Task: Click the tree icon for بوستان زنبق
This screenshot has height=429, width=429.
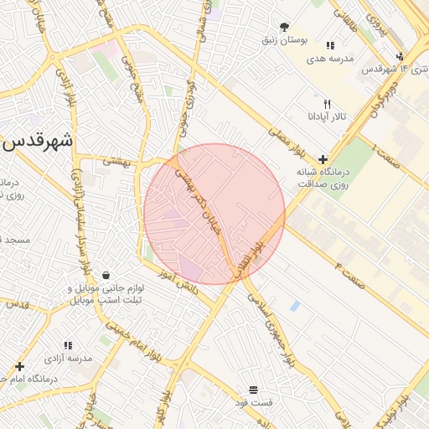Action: [284, 27]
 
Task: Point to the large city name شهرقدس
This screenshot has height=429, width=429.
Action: [38, 142]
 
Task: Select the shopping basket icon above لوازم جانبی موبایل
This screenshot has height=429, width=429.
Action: [106, 275]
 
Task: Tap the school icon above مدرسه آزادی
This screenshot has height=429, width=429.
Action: [68, 344]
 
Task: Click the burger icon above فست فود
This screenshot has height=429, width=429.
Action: [253, 390]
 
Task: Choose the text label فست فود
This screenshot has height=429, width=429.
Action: [253, 403]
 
